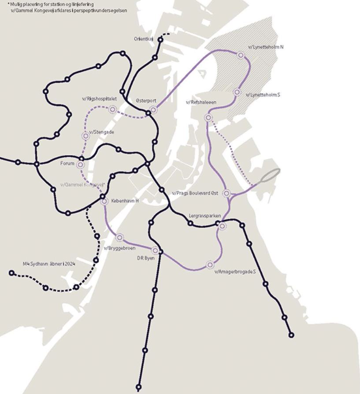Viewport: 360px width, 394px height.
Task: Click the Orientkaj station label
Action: pos(144,39)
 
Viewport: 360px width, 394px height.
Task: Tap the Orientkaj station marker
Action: pos(160,40)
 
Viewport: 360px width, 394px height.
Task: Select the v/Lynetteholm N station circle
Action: pos(241,55)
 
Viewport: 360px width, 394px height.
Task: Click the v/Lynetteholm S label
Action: pos(263,95)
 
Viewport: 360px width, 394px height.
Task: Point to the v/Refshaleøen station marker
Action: pos(208,118)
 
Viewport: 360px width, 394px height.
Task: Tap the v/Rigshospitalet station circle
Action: pos(112,109)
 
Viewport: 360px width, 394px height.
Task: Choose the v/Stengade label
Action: pos(102,132)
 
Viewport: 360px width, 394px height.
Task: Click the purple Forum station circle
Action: pos(80,165)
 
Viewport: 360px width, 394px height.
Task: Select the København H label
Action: pos(125,201)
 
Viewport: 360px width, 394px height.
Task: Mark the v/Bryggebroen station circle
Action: pos(119,238)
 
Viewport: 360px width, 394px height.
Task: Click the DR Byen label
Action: pos(145,258)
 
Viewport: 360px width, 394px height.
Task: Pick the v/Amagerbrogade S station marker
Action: pos(210,265)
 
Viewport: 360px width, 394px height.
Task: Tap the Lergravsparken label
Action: pos(204,216)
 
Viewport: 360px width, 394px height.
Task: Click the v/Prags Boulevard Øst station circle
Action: pos(226,193)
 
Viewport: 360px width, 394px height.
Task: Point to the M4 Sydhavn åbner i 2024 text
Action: pos(49,264)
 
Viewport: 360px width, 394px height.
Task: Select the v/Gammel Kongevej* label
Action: pos(82,184)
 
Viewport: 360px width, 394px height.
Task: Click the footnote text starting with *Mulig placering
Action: pos(66,7)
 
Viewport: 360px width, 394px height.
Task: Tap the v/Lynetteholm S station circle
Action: pos(237,92)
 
